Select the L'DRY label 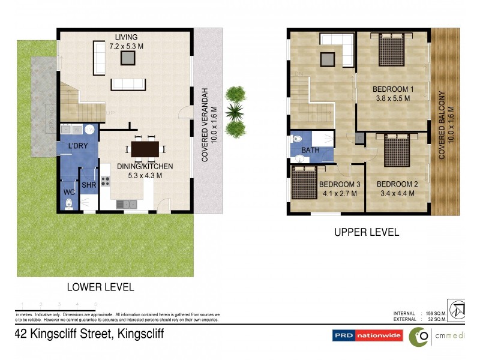[x=78, y=146]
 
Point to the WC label [x=69, y=193]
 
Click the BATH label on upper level [x=310, y=151]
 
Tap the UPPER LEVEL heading [x=366, y=232]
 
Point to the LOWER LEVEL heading [x=101, y=287]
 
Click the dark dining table [x=145, y=148]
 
